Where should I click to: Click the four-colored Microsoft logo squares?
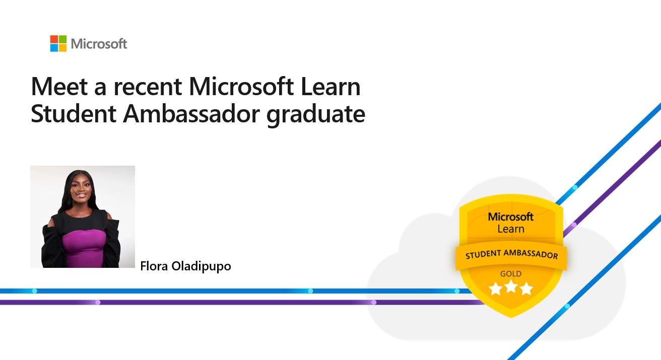point(58,43)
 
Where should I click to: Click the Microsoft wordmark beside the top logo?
point(99,44)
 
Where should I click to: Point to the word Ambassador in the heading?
point(192,114)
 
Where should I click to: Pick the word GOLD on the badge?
point(510,274)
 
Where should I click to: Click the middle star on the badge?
point(511,289)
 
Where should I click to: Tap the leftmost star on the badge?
point(496,289)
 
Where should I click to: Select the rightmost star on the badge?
point(526,289)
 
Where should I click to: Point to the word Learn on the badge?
point(511,229)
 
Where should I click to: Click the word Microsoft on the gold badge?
point(511,217)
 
